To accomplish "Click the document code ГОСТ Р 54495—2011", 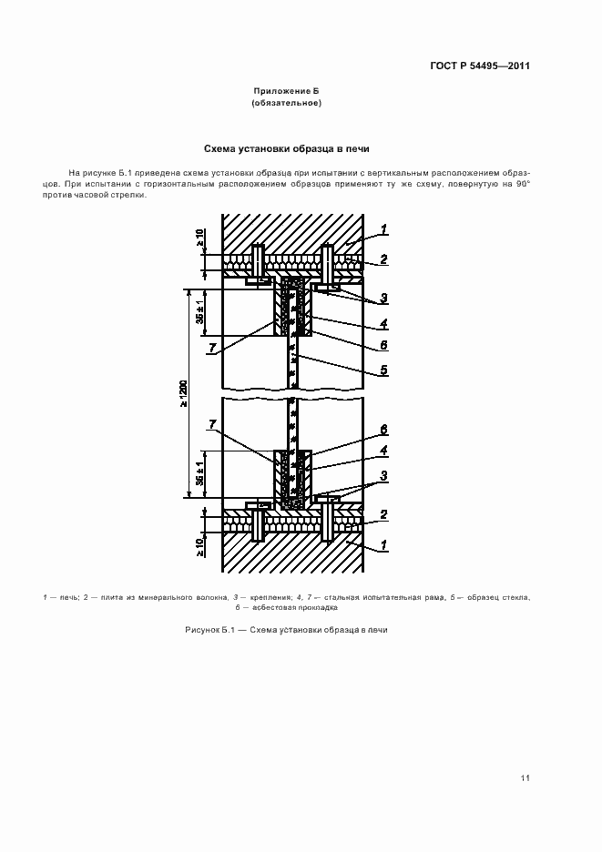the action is tap(480, 66).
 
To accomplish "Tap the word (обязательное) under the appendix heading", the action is tap(287, 104).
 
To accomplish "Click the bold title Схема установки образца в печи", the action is tap(287, 147).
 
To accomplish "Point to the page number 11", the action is tap(525, 777).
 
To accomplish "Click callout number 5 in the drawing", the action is tap(384, 370).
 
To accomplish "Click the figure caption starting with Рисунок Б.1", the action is tap(287, 630).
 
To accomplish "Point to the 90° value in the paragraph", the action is tap(522, 183).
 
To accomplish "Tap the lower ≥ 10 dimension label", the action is tap(199, 546).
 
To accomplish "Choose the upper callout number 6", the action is tap(384, 346).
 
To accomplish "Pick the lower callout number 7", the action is tap(212, 425).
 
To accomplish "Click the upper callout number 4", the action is tap(384, 323).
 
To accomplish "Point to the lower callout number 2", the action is tap(384, 515).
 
